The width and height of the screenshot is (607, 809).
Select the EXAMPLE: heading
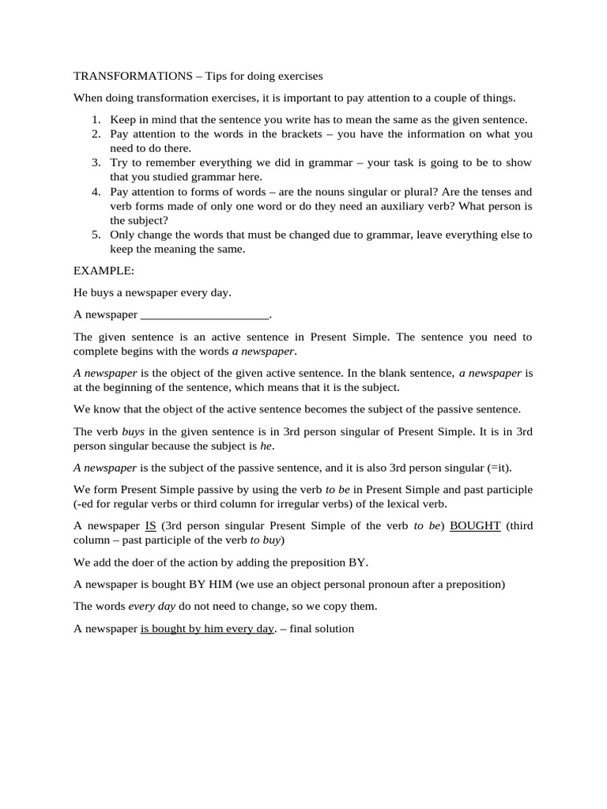[x=104, y=270]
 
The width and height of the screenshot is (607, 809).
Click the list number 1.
[x=95, y=120]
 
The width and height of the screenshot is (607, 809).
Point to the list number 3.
[x=95, y=163]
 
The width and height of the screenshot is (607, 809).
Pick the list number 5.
[x=95, y=235]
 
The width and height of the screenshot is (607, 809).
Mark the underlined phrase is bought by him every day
[x=207, y=629]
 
